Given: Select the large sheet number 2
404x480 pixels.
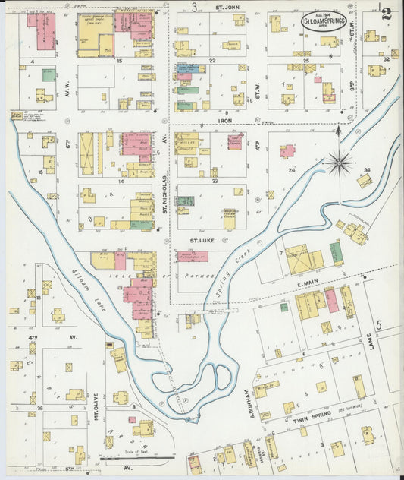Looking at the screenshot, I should (x=387, y=13).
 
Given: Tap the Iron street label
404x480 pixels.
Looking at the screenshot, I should (x=225, y=120).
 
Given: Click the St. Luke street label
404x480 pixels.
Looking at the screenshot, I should (x=202, y=239).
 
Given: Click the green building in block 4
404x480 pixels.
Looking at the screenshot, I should (x=49, y=74).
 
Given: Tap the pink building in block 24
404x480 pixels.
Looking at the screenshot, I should (x=287, y=151).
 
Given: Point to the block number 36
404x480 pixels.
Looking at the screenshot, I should (x=368, y=169).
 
